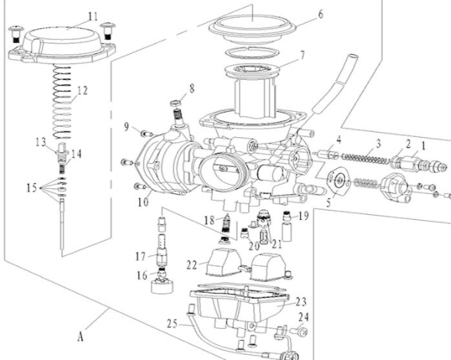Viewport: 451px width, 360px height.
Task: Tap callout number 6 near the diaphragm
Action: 299,14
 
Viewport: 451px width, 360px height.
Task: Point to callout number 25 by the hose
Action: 172,323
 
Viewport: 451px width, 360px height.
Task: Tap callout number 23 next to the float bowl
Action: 300,301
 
